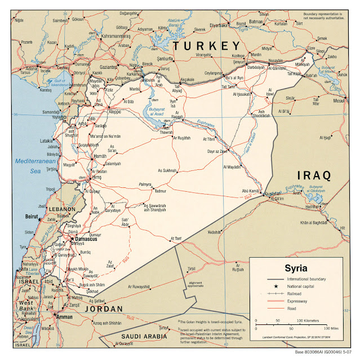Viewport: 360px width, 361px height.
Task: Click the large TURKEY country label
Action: click(x=207, y=46)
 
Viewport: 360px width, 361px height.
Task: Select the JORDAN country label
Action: click(x=103, y=309)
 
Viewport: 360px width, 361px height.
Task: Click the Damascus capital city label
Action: click(x=86, y=239)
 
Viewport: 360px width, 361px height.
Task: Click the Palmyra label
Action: click(x=146, y=184)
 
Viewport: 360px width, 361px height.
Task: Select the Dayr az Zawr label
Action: click(x=216, y=151)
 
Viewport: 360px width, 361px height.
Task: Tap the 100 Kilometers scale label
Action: click(x=310, y=320)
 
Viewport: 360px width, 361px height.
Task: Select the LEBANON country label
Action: click(x=61, y=209)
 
